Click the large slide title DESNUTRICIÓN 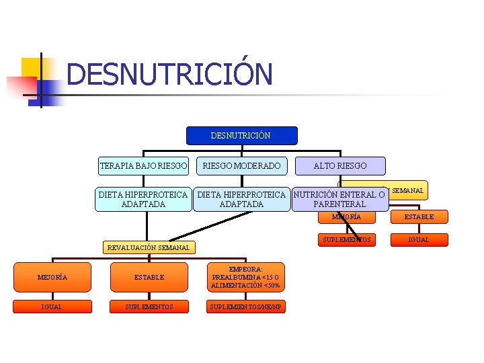tap(169, 74)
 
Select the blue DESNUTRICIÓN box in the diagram tap(240, 136)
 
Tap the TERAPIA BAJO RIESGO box tap(143, 165)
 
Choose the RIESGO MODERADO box tap(242, 165)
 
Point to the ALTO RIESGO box tap(340, 165)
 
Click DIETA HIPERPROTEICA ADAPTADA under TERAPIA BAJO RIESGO tap(143, 199)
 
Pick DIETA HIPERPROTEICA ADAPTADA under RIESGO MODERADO tap(241, 199)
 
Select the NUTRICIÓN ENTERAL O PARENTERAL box tap(339, 199)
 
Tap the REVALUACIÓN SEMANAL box tap(149, 247)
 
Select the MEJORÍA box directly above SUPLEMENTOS tap(346, 217)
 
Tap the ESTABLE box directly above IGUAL tap(419, 217)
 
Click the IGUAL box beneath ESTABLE tap(419, 240)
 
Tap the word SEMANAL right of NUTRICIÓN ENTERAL tap(407, 191)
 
